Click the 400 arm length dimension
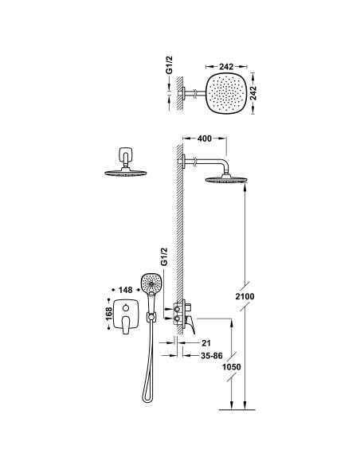coord(205,139)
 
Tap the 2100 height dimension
coord(245,296)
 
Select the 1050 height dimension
coord(231,367)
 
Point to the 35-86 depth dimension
coord(211,356)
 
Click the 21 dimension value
coord(205,343)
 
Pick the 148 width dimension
coord(125,290)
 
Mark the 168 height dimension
coord(109,314)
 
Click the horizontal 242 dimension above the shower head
coord(226,67)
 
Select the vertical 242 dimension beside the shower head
coord(253,93)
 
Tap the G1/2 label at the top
coord(169,65)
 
